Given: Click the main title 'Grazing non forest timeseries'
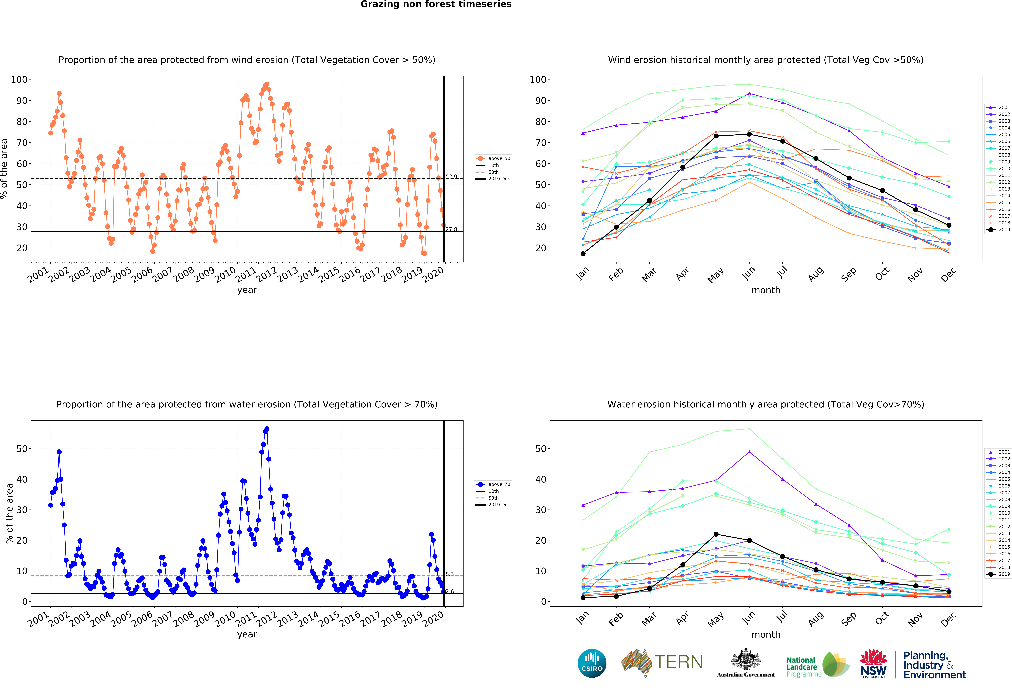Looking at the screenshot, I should (x=436, y=4).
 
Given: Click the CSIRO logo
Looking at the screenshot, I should (x=592, y=663).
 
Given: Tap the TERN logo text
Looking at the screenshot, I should (x=678, y=662).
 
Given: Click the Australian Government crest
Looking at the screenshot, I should (x=746, y=660).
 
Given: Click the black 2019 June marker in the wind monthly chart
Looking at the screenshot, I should (x=749, y=134).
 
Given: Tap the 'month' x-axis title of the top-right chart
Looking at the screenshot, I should (x=766, y=290).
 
